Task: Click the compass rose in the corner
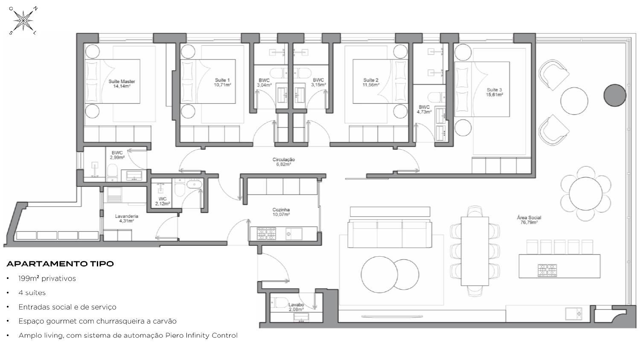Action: pyautogui.click(x=23, y=20)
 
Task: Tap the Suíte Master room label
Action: pyautogui.click(x=122, y=81)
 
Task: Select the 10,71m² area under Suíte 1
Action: pyautogui.click(x=222, y=85)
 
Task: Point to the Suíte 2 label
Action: pyautogui.click(x=371, y=80)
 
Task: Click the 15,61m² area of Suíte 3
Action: pyautogui.click(x=495, y=95)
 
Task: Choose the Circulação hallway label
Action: pyautogui.click(x=283, y=160)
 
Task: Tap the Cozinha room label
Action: pyautogui.click(x=281, y=210)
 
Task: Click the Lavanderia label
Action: pyautogui.click(x=127, y=216)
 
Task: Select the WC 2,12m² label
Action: pyautogui.click(x=163, y=201)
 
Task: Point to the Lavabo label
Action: pyautogui.click(x=296, y=305)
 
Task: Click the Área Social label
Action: pyautogui.click(x=529, y=218)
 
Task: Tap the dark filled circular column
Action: pyautogui.click(x=615, y=96)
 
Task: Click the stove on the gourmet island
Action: pyautogui.click(x=547, y=270)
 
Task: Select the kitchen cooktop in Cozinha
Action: pyautogui.click(x=266, y=233)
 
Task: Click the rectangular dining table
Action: pyautogui.click(x=475, y=251)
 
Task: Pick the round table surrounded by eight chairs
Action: pyautogui.click(x=586, y=194)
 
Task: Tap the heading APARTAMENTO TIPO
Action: pyautogui.click(x=60, y=264)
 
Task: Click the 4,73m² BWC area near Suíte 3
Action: pyautogui.click(x=424, y=112)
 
